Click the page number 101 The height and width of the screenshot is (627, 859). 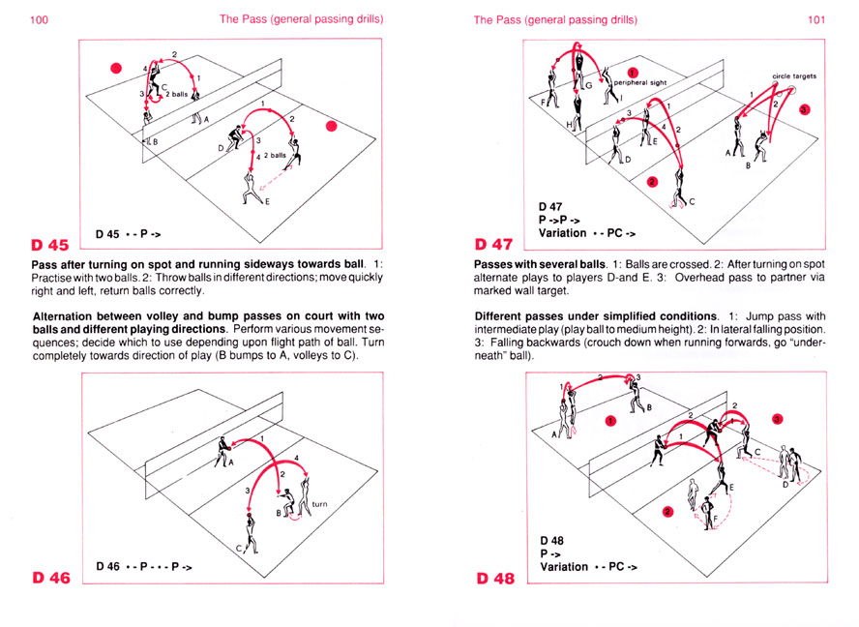pos(816,19)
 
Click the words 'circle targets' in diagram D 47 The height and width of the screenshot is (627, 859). pos(794,75)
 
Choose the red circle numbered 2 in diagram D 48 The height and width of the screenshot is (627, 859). pos(667,512)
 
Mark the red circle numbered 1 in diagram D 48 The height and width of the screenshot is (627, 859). pos(610,420)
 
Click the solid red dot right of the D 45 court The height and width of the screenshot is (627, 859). pos(332,126)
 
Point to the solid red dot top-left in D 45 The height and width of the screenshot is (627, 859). pos(116,68)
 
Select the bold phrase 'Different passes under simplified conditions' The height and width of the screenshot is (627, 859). pos(596,317)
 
